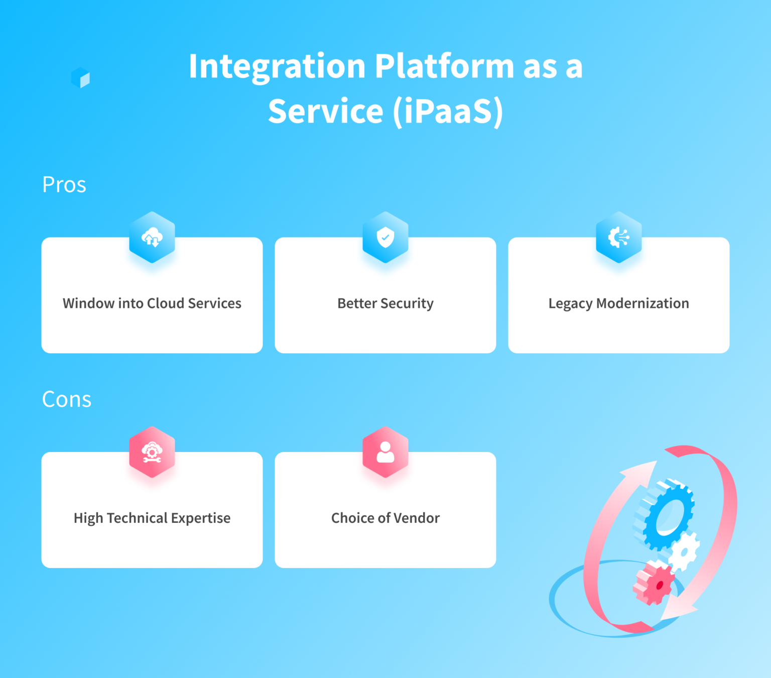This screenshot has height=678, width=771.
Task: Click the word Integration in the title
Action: click(277, 67)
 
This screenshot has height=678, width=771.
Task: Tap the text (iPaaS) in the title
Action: click(448, 111)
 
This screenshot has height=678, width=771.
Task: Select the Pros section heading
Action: click(64, 185)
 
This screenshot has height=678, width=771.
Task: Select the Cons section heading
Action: click(66, 400)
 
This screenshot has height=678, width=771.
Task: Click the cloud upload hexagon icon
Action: click(152, 238)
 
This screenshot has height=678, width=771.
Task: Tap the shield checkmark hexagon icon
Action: click(385, 238)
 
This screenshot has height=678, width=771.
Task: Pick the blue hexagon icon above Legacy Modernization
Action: click(618, 238)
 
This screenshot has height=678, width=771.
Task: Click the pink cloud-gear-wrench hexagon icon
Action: click(152, 452)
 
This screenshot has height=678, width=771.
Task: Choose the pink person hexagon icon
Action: click(385, 452)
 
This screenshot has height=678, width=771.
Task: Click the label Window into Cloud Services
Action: click(152, 303)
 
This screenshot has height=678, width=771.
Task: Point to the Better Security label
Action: click(385, 303)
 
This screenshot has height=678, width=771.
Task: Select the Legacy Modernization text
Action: click(618, 303)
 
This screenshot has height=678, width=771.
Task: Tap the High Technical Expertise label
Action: click(152, 518)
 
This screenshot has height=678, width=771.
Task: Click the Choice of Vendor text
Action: click(385, 518)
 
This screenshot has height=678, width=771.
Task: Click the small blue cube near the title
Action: click(80, 78)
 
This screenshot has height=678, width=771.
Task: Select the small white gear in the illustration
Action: click(684, 552)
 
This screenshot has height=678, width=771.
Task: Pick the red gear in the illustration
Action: click(655, 584)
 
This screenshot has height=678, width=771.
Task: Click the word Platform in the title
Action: click(444, 67)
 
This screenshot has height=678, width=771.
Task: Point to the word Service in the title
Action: click(326, 111)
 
